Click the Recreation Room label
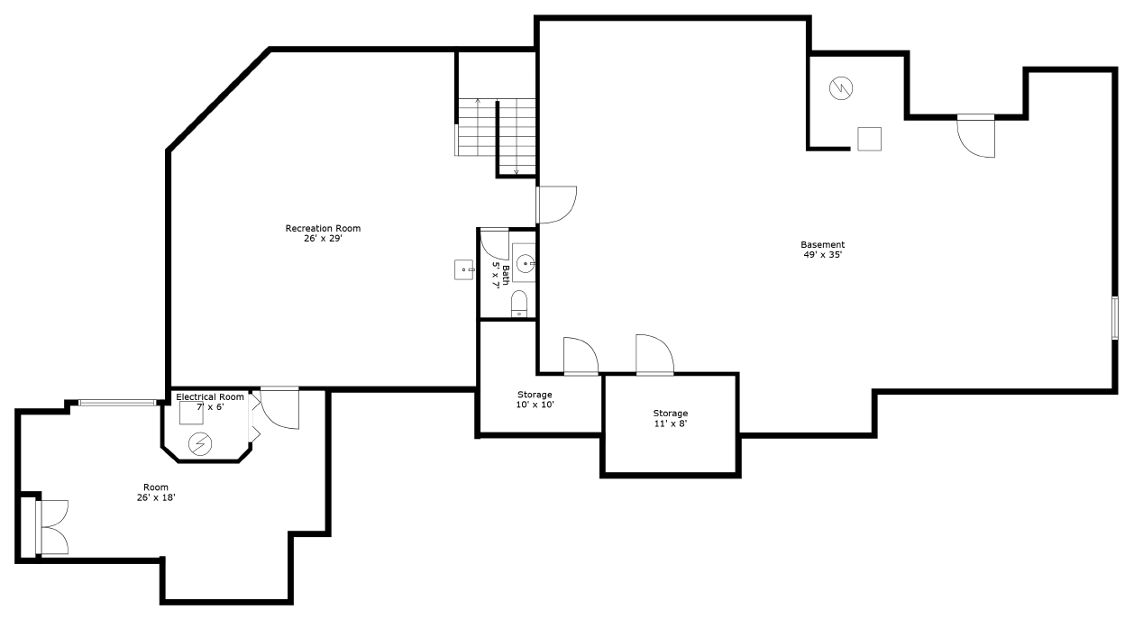click(x=323, y=228)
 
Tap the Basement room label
click(x=822, y=244)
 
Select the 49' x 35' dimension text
click(x=822, y=255)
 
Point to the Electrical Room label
click(x=209, y=396)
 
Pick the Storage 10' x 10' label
click(x=535, y=395)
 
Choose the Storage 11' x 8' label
click(x=670, y=414)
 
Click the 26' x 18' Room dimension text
click(x=155, y=497)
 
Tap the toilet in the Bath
click(x=519, y=304)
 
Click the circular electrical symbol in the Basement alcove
click(x=841, y=88)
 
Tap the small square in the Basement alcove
click(x=869, y=139)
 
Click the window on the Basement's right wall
click(x=1115, y=317)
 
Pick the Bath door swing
click(x=493, y=243)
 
